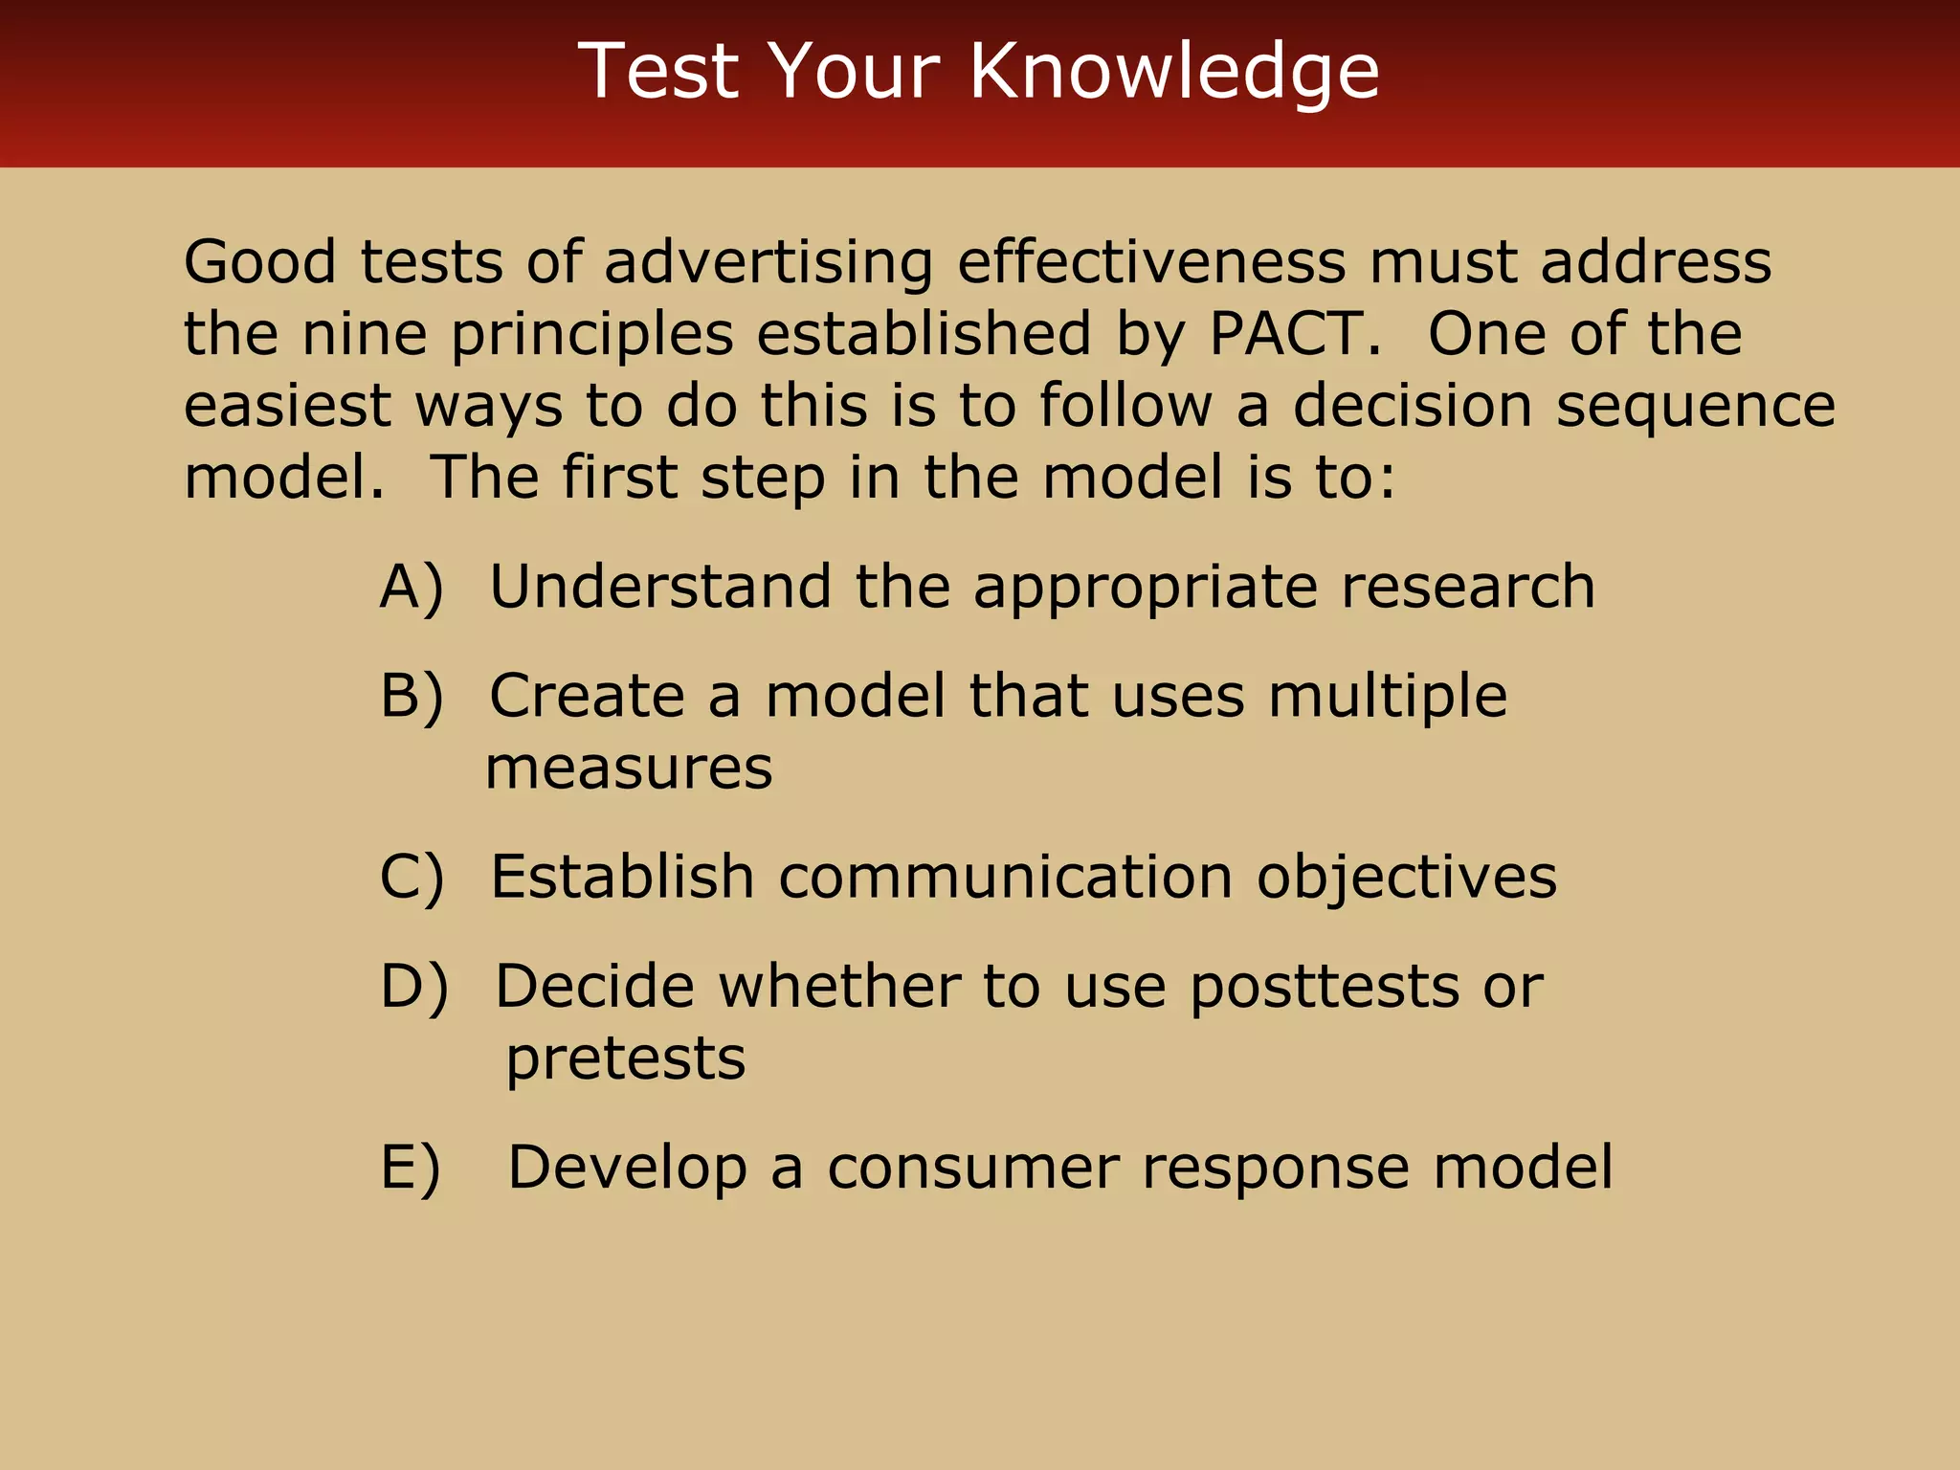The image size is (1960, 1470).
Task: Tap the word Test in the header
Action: pyautogui.click(x=659, y=71)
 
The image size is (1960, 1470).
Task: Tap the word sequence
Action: pyautogui.click(x=1695, y=407)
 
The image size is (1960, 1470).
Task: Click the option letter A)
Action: pyautogui.click(x=412, y=587)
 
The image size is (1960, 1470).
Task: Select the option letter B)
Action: pyautogui.click(x=412, y=696)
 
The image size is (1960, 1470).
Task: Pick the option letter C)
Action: pyautogui.click(x=412, y=877)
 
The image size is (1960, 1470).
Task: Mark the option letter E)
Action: pyautogui.click(x=410, y=1168)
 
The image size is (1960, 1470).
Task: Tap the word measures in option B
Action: pyautogui.click(x=629, y=768)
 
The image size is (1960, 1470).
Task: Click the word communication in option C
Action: pyautogui.click(x=1005, y=877)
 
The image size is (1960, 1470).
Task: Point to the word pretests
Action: pyautogui.click(x=625, y=1059)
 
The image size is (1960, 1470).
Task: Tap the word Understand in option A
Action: pyautogui.click(x=660, y=587)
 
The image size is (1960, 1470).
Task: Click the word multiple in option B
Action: pyautogui.click(x=1387, y=697)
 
